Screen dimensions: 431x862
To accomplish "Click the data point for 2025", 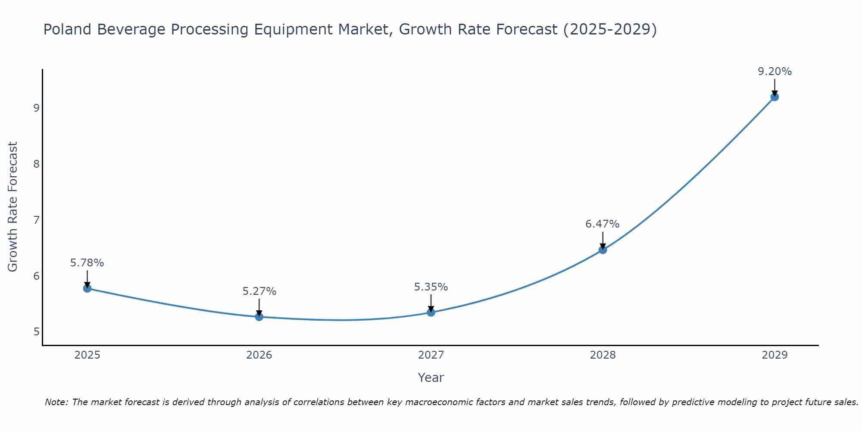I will (x=87, y=288).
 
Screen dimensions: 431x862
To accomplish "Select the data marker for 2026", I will (x=259, y=317).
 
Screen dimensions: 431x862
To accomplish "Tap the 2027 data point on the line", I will (x=431, y=312).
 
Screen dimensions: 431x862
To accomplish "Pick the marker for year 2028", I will (x=603, y=250).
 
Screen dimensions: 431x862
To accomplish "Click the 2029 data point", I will (x=775, y=97).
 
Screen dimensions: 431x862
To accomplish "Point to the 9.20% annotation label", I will (x=775, y=72).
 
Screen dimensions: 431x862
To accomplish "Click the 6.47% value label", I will (x=602, y=224).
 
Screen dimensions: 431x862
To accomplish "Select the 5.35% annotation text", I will (x=431, y=287).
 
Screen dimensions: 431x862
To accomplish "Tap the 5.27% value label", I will (x=259, y=291).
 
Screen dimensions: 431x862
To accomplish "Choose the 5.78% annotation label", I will (x=87, y=263).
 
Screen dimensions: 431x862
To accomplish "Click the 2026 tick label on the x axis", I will (x=259, y=355).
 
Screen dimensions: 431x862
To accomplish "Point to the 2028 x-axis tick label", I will (x=603, y=355).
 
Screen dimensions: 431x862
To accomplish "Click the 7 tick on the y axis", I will (x=36, y=220).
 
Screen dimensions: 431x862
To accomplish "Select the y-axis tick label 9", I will (x=36, y=108).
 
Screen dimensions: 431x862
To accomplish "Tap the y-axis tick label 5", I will (x=36, y=332).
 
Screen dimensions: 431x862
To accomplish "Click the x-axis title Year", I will (x=431, y=378).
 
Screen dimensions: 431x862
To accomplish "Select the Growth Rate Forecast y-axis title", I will (x=13, y=207).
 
